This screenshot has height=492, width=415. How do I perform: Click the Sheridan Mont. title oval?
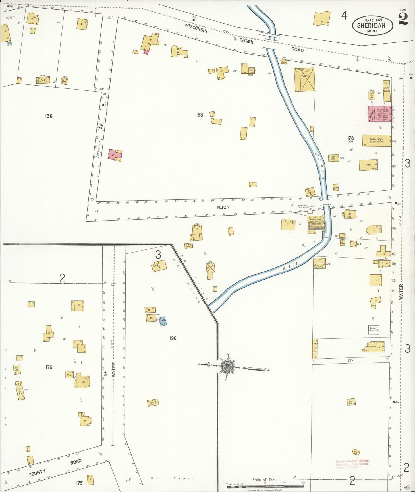coord(372,25)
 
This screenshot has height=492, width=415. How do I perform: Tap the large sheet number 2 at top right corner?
coord(404,20)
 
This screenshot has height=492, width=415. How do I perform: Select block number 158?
coord(200,115)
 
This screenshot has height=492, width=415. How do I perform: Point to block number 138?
coord(49,116)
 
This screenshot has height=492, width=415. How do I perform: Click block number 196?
coord(173,338)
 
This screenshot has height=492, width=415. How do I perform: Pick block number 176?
coord(49,367)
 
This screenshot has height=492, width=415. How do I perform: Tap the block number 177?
coord(350,361)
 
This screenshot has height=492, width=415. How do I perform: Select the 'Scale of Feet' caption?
coord(264,479)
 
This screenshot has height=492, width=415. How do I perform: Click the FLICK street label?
coord(223,207)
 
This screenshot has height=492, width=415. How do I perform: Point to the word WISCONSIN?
coord(196,28)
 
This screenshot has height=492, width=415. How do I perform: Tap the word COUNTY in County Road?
coord(37,473)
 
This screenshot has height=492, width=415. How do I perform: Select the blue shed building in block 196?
coord(163,322)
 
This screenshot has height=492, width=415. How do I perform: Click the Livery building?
coord(304,80)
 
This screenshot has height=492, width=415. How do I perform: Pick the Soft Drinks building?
coord(387,91)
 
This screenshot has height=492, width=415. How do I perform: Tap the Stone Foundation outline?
coord(374,330)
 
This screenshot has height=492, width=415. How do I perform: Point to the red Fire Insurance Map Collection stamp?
coord(352,464)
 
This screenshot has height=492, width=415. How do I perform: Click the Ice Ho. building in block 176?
coord(17,369)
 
